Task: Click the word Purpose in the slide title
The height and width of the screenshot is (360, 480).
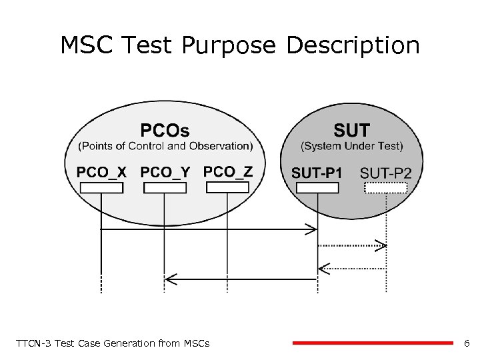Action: pyautogui.click(x=228, y=47)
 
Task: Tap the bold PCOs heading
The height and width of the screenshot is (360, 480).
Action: pyautogui.click(x=165, y=130)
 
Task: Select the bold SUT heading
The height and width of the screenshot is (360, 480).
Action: pyautogui.click(x=351, y=130)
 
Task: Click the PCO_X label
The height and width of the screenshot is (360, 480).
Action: pyautogui.click(x=101, y=173)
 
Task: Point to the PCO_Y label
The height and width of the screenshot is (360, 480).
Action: pyautogui.click(x=165, y=173)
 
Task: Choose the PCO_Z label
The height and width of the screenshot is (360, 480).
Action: pyautogui.click(x=228, y=172)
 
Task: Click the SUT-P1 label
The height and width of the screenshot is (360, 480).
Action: pyautogui.click(x=317, y=173)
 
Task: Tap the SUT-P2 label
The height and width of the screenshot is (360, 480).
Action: pyautogui.click(x=386, y=173)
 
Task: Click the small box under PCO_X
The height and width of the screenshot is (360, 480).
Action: pyautogui.click(x=101, y=188)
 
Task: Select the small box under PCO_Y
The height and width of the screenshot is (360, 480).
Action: pyautogui.click(x=165, y=188)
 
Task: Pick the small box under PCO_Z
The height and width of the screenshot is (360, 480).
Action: pyautogui.click(x=227, y=187)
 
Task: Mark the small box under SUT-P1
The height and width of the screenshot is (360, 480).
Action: pyautogui.click(x=317, y=188)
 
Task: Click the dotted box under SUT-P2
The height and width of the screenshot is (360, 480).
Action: pyautogui.click(x=386, y=188)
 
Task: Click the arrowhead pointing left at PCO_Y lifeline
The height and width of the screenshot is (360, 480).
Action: pyautogui.click(x=170, y=278)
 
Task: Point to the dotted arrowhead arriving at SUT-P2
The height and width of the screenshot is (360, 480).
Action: pyautogui.click(x=381, y=246)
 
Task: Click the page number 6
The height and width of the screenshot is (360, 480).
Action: pyautogui.click(x=467, y=343)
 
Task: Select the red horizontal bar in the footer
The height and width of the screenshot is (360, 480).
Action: pyautogui.click(x=373, y=343)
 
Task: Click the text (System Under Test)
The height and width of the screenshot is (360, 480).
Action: pyautogui.click(x=352, y=146)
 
